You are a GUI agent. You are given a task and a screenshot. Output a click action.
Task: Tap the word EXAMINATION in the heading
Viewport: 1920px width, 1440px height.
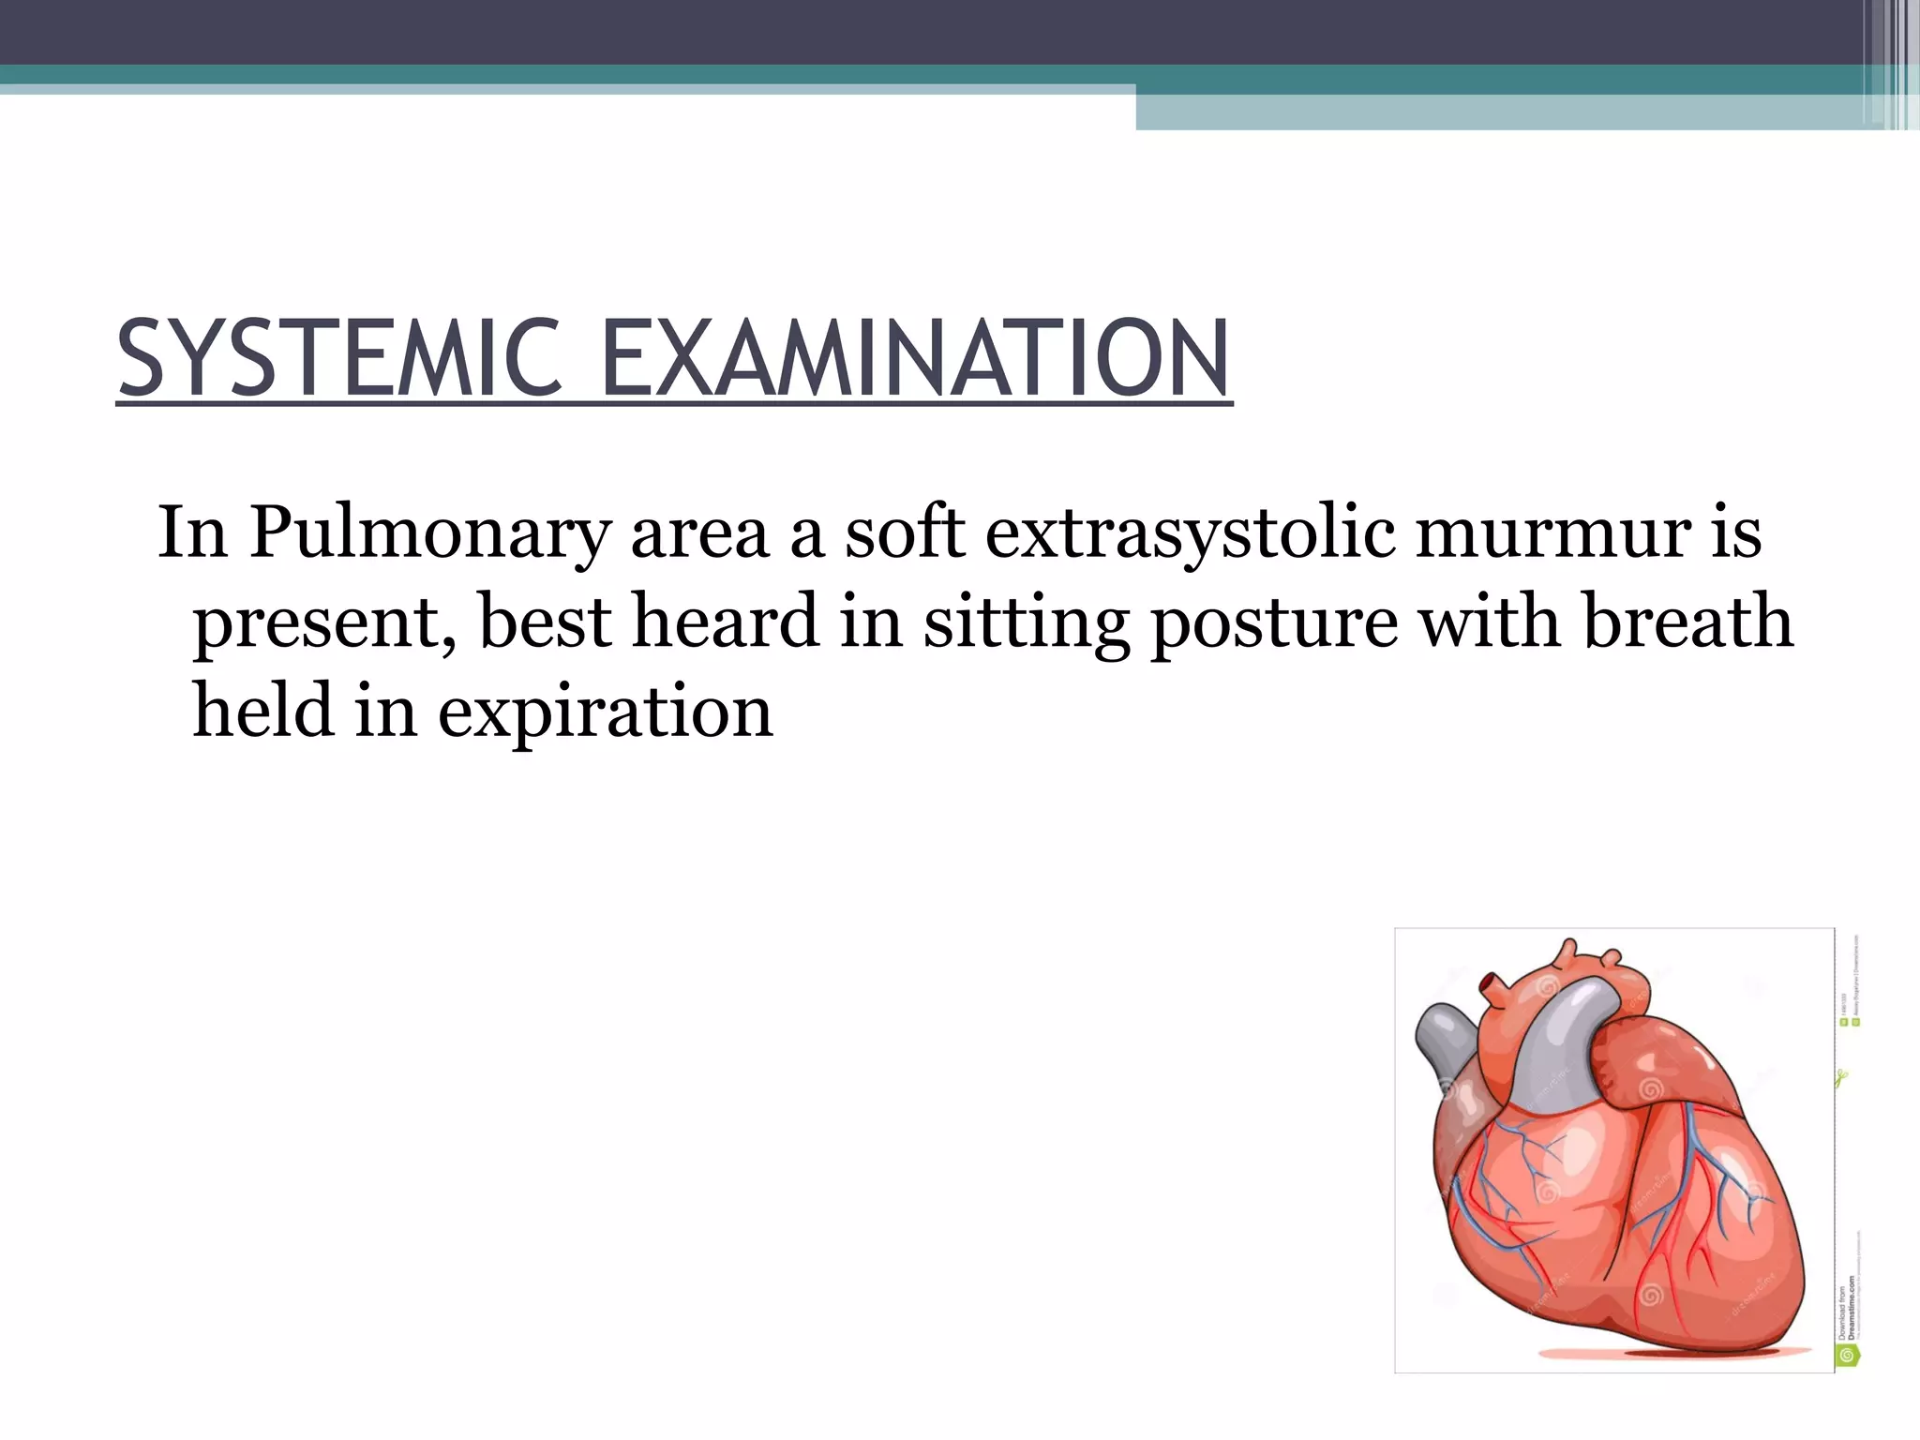[x=914, y=359]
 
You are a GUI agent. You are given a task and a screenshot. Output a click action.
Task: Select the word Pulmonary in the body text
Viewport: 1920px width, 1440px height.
[x=429, y=532]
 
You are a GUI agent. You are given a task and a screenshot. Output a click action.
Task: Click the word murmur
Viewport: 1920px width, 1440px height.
[x=1552, y=532]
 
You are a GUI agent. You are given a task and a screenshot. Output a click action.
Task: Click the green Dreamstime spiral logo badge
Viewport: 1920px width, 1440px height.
[x=1848, y=1356]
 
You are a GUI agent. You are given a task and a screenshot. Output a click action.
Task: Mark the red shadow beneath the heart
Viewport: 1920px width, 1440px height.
[x=1631, y=1354]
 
